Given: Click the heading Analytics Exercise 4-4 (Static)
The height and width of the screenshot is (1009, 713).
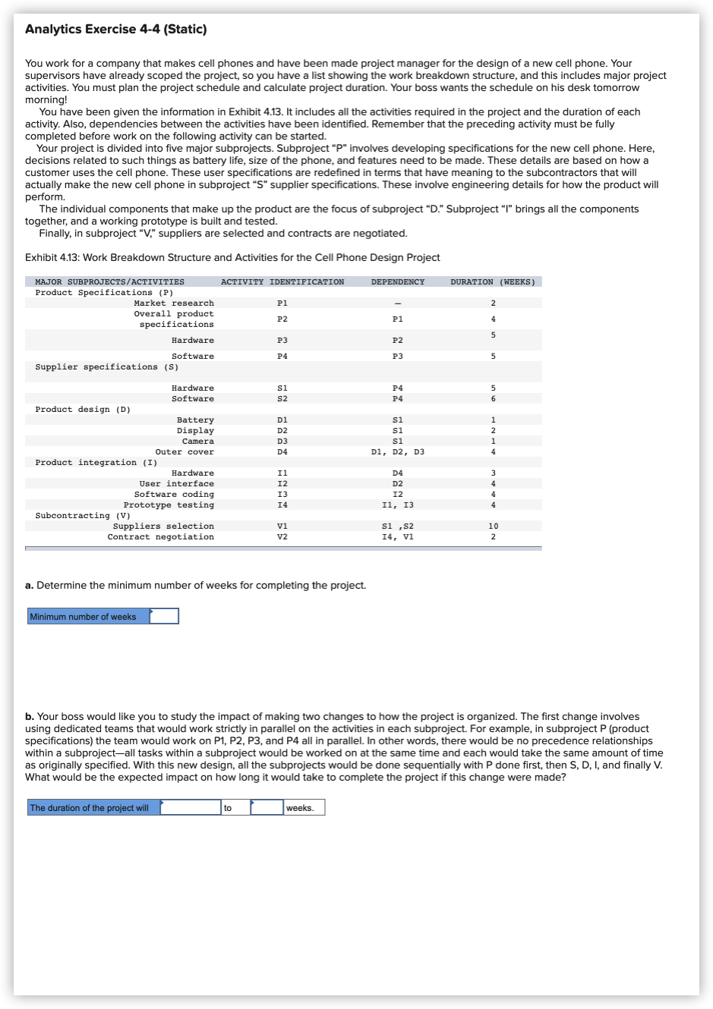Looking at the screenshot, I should [x=115, y=30].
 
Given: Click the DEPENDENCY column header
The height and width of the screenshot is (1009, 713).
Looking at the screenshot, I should [x=397, y=282].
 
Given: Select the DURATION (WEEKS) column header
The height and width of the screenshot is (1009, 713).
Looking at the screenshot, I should [x=492, y=282].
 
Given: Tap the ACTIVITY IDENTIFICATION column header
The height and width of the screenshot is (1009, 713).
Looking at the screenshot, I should [x=282, y=282].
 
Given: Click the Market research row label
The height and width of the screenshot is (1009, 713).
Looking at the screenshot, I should [x=174, y=303].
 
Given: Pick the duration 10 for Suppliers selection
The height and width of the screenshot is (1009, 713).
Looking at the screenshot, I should [x=493, y=527].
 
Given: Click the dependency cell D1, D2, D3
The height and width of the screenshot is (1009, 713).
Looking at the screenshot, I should [x=397, y=452].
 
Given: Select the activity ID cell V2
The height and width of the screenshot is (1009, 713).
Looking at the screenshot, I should [x=282, y=537].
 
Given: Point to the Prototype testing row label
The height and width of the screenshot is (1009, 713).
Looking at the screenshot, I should [x=169, y=505].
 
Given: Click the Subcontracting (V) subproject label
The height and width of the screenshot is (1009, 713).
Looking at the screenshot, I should [x=83, y=516].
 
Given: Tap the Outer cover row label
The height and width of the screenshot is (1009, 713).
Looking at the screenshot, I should [x=185, y=452].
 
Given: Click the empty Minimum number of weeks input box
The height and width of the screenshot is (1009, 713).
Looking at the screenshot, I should [x=164, y=617].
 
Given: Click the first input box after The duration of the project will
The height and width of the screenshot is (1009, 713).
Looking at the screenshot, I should [x=190, y=808].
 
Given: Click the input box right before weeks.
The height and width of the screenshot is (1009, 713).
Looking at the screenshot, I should [x=267, y=808].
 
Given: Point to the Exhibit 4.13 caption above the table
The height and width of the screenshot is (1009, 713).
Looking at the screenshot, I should [x=232, y=258].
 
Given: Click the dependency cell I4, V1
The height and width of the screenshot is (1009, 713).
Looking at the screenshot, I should [x=397, y=537].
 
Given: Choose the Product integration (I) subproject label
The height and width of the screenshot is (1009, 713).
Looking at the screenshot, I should [x=96, y=463].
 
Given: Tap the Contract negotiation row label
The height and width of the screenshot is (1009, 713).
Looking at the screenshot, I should [x=160, y=537].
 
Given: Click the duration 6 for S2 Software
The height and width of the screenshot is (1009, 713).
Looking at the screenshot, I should [x=493, y=399].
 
